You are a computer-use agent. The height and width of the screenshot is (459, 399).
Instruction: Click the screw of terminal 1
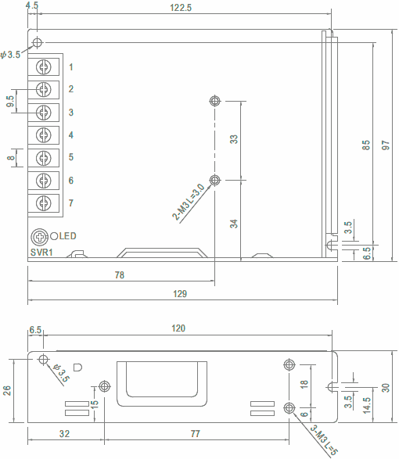[44, 66]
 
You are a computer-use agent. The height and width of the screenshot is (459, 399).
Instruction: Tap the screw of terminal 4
[44, 135]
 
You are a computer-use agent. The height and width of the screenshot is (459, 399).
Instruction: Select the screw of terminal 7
[44, 203]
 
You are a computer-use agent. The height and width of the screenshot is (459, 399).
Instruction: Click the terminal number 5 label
[71, 157]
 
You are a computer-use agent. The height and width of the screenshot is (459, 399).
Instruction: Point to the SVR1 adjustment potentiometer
[39, 237]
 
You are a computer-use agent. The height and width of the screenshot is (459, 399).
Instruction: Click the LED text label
[67, 236]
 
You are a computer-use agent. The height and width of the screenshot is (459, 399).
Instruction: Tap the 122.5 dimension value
[181, 8]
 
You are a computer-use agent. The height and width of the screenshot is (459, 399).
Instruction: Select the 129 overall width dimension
[180, 293]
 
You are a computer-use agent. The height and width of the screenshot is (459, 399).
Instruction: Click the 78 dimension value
[119, 275]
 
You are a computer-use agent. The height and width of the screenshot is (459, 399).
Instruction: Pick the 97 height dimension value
[386, 145]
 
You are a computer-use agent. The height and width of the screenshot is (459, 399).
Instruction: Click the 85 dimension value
[366, 145]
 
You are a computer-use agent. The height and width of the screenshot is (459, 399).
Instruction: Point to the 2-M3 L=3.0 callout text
[188, 202]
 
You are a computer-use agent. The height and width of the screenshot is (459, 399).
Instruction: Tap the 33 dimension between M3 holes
[234, 139]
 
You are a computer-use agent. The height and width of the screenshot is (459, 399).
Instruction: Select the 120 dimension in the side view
[178, 328]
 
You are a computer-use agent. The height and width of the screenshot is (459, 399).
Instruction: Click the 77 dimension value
[195, 433]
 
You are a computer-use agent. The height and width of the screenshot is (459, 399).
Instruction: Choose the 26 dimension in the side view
[7, 391]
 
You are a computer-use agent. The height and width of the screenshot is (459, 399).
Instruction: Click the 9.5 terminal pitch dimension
[10, 102]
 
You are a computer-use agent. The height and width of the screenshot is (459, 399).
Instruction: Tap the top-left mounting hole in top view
[38, 42]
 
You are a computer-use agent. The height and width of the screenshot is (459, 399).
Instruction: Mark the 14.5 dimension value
[366, 405]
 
